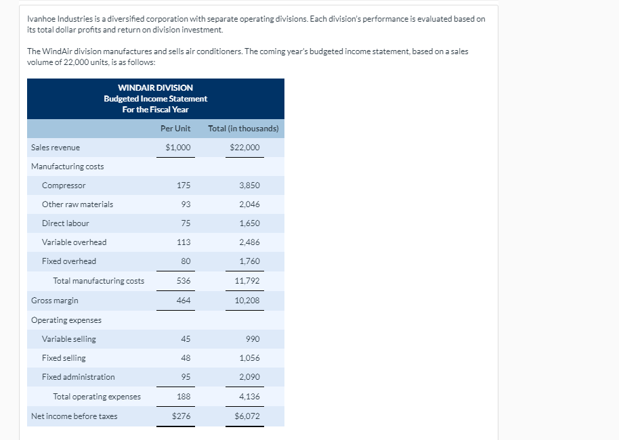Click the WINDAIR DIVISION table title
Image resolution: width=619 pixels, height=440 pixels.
coord(155,88)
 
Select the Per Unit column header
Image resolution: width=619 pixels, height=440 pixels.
coord(175,129)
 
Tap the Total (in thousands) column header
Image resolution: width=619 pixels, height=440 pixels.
coord(243,129)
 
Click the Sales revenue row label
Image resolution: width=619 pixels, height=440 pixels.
coord(56,148)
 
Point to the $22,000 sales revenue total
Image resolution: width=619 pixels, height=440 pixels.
coord(244,148)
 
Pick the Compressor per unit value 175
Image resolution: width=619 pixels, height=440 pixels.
coord(183,185)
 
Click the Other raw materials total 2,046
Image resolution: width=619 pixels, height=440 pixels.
coord(249,204)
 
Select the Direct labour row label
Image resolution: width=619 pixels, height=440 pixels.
coord(65,223)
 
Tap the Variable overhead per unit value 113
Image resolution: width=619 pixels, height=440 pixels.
coord(183,242)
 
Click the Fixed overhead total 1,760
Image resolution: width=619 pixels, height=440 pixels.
coord(249,261)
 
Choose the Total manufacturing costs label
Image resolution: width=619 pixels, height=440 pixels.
coord(98,281)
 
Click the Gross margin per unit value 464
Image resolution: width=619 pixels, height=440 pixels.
coord(183,301)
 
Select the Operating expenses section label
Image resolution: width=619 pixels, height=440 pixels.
coord(66,320)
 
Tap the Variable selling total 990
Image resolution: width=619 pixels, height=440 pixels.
coord(253,339)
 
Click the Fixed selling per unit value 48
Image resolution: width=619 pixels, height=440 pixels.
coord(186,358)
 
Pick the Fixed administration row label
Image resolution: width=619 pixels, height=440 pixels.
coord(78,377)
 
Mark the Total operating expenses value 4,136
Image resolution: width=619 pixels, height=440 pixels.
coord(249,397)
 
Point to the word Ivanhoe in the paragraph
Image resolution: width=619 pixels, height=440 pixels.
coord(41,19)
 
